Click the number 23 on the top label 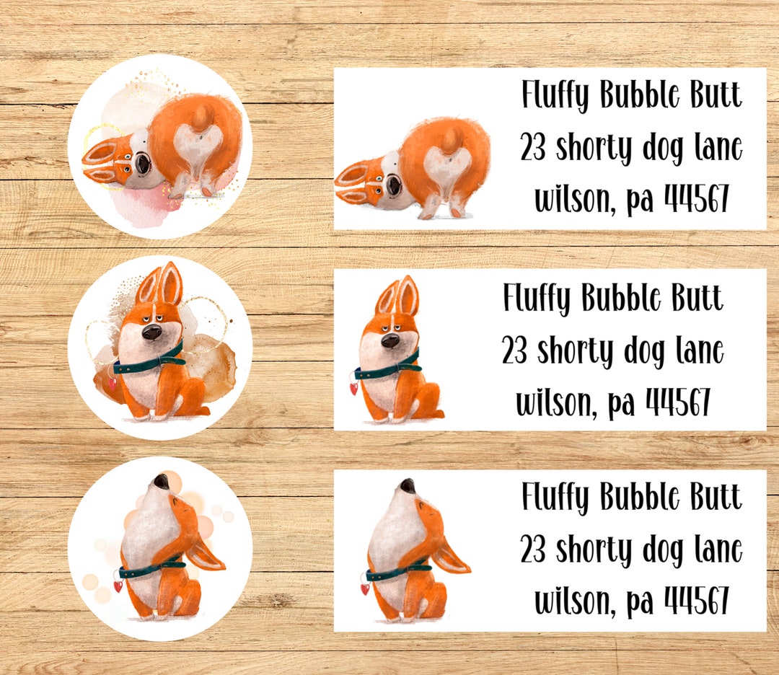click(x=534, y=148)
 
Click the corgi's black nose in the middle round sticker click(x=151, y=332)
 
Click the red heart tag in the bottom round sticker click(x=118, y=587)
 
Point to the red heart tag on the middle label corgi click(x=354, y=389)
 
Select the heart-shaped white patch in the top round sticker click(x=195, y=144)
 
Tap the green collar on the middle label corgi click(x=389, y=369)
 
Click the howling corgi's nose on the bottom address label click(x=408, y=485)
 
